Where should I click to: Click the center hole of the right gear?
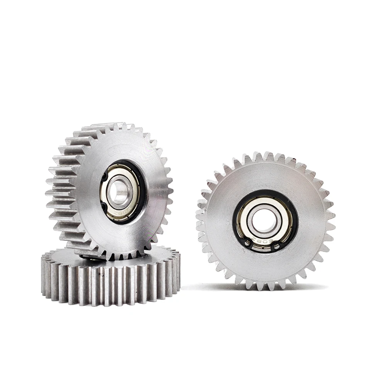coord(265,220)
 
